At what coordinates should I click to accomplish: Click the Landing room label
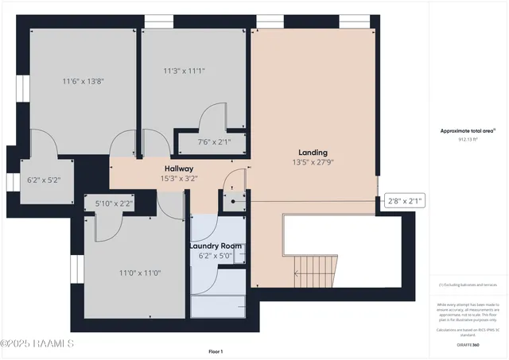point(313,152)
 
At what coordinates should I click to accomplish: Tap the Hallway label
point(179,168)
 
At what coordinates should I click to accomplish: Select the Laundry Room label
point(215,246)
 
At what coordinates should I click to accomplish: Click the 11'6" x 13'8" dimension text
point(84,80)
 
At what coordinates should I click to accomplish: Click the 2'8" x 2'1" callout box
point(404,200)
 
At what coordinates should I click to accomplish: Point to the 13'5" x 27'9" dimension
point(313,162)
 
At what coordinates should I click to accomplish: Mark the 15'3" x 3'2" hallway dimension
point(179,178)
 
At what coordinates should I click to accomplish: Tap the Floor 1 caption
point(216,351)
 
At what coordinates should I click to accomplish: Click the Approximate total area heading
point(468,130)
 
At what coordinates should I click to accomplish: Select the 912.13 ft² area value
point(468,138)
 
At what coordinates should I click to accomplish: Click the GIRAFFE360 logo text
point(468,345)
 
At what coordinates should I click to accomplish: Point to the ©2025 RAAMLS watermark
point(38,343)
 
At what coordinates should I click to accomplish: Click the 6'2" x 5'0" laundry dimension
point(215,255)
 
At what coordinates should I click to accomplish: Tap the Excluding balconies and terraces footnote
point(468,285)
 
